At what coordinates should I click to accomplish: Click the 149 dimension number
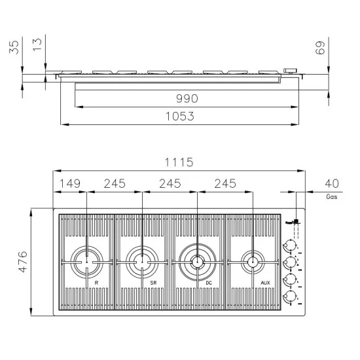pyautogui.click(x=69, y=184)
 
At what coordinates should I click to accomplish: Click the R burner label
pyautogui.click(x=96, y=283)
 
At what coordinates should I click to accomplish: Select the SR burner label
pyautogui.click(x=153, y=283)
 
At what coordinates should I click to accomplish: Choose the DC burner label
pyautogui.click(x=208, y=283)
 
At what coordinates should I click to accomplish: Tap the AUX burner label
pyautogui.click(x=265, y=283)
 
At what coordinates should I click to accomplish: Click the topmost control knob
pyautogui.click(x=288, y=245)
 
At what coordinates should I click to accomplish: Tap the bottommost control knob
pyautogui.click(x=288, y=298)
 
